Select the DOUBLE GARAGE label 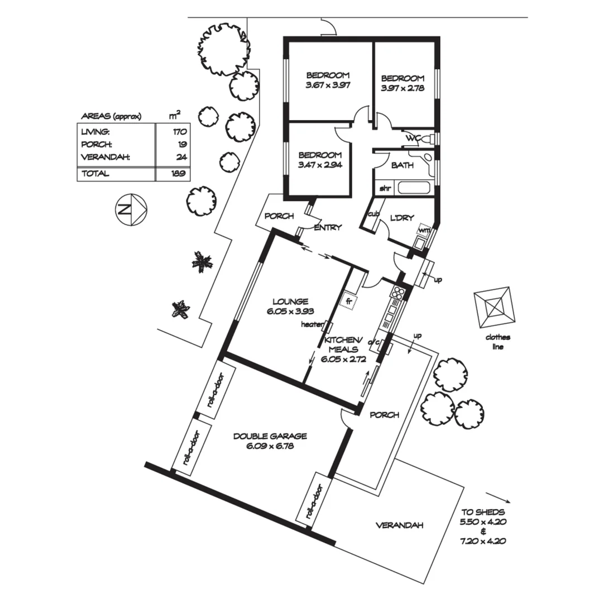[x=270, y=436]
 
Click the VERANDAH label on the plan [x=399, y=525]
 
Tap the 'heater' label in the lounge [x=312, y=324]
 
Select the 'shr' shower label [x=385, y=188]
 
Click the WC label [x=413, y=137]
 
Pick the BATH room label [x=402, y=165]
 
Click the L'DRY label [x=402, y=218]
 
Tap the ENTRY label [x=328, y=227]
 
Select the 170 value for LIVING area [x=179, y=132]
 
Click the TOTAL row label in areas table [x=95, y=174]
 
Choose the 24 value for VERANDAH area [x=180, y=157]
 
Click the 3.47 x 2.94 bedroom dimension [x=320, y=165]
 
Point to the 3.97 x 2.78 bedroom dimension [x=403, y=88]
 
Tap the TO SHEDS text [x=483, y=511]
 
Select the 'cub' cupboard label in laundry [x=373, y=214]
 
